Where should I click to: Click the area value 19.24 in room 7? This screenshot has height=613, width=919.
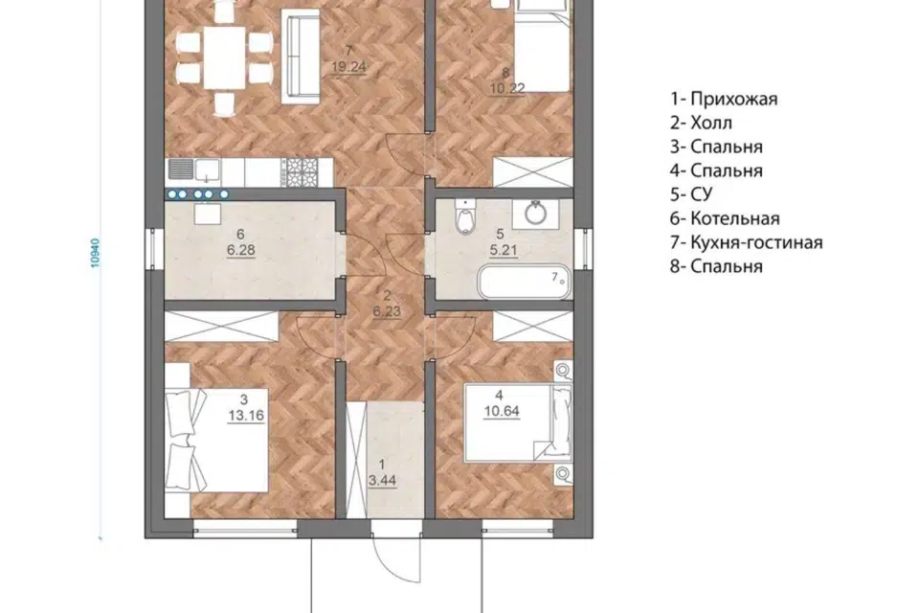tap(348, 67)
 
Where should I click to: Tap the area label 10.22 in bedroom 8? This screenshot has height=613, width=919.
tap(507, 88)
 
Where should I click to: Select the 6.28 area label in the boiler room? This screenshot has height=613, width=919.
tap(241, 251)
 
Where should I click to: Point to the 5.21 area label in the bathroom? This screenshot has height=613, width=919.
tap(504, 251)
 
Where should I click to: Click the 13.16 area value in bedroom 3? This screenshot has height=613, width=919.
tap(246, 416)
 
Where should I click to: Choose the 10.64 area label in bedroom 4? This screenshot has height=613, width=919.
tap(502, 411)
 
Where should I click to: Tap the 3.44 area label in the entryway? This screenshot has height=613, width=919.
tap(382, 481)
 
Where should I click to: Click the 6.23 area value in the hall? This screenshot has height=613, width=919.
tap(387, 311)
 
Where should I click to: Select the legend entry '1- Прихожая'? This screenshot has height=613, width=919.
tap(724, 99)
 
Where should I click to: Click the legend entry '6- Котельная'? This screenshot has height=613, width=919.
tap(725, 218)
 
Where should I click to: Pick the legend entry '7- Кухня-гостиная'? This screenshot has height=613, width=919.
tap(746, 242)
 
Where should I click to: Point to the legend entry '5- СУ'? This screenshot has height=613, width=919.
tap(691, 194)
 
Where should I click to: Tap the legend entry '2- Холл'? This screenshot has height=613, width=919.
tap(701, 123)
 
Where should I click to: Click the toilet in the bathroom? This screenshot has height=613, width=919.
tap(464, 216)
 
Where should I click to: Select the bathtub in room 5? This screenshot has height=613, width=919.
tap(524, 282)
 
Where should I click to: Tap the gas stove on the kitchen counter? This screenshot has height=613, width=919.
tap(301, 170)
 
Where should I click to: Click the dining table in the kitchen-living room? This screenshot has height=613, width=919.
tap(224, 57)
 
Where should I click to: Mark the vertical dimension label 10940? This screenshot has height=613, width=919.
tap(96, 253)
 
